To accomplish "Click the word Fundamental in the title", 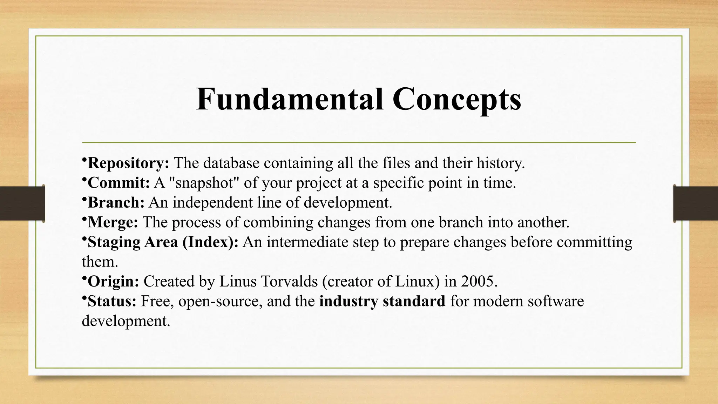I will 290,99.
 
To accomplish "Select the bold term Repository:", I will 128,163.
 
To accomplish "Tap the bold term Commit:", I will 118,183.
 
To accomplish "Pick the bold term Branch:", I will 116,202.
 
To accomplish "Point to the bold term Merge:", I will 113,222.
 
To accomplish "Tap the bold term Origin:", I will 113,281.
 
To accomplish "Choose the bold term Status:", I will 112,301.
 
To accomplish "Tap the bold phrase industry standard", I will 382,301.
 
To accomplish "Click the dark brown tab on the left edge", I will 22,203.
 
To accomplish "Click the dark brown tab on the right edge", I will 696,203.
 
